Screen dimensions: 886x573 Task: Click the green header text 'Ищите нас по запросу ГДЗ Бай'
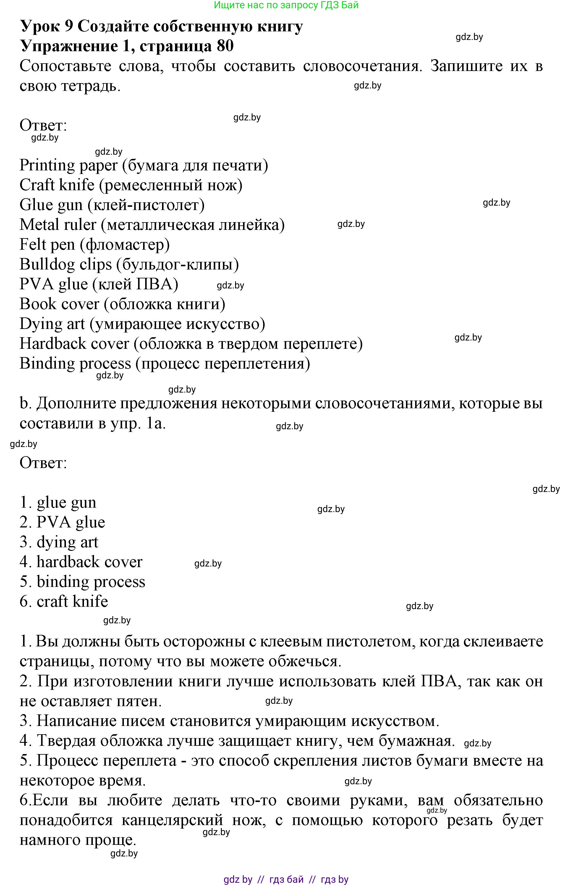pos(286,5)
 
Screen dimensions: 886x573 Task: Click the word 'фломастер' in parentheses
pos(127,245)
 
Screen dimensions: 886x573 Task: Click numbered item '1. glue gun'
pos(58,503)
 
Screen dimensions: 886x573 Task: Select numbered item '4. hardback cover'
pos(81,562)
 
